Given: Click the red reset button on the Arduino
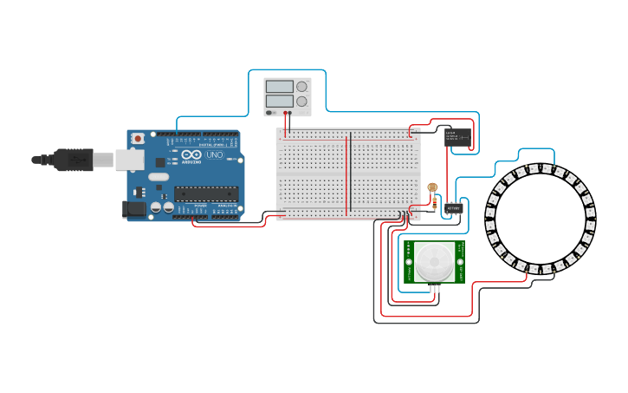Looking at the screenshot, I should (138, 138).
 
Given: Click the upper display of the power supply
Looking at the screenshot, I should (280, 87).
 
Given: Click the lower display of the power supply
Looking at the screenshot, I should (280, 101).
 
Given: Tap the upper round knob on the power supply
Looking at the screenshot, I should (301, 87).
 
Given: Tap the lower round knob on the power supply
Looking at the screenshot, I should (301, 102).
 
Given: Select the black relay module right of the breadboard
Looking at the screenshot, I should (457, 136).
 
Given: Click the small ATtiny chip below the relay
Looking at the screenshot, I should (454, 207).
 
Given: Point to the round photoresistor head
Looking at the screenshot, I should (433, 187).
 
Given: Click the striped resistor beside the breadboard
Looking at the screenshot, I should (433, 205).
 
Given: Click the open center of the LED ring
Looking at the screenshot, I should (541, 218).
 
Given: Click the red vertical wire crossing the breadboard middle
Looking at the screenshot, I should (347, 174).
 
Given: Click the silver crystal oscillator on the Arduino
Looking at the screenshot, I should (159, 177).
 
